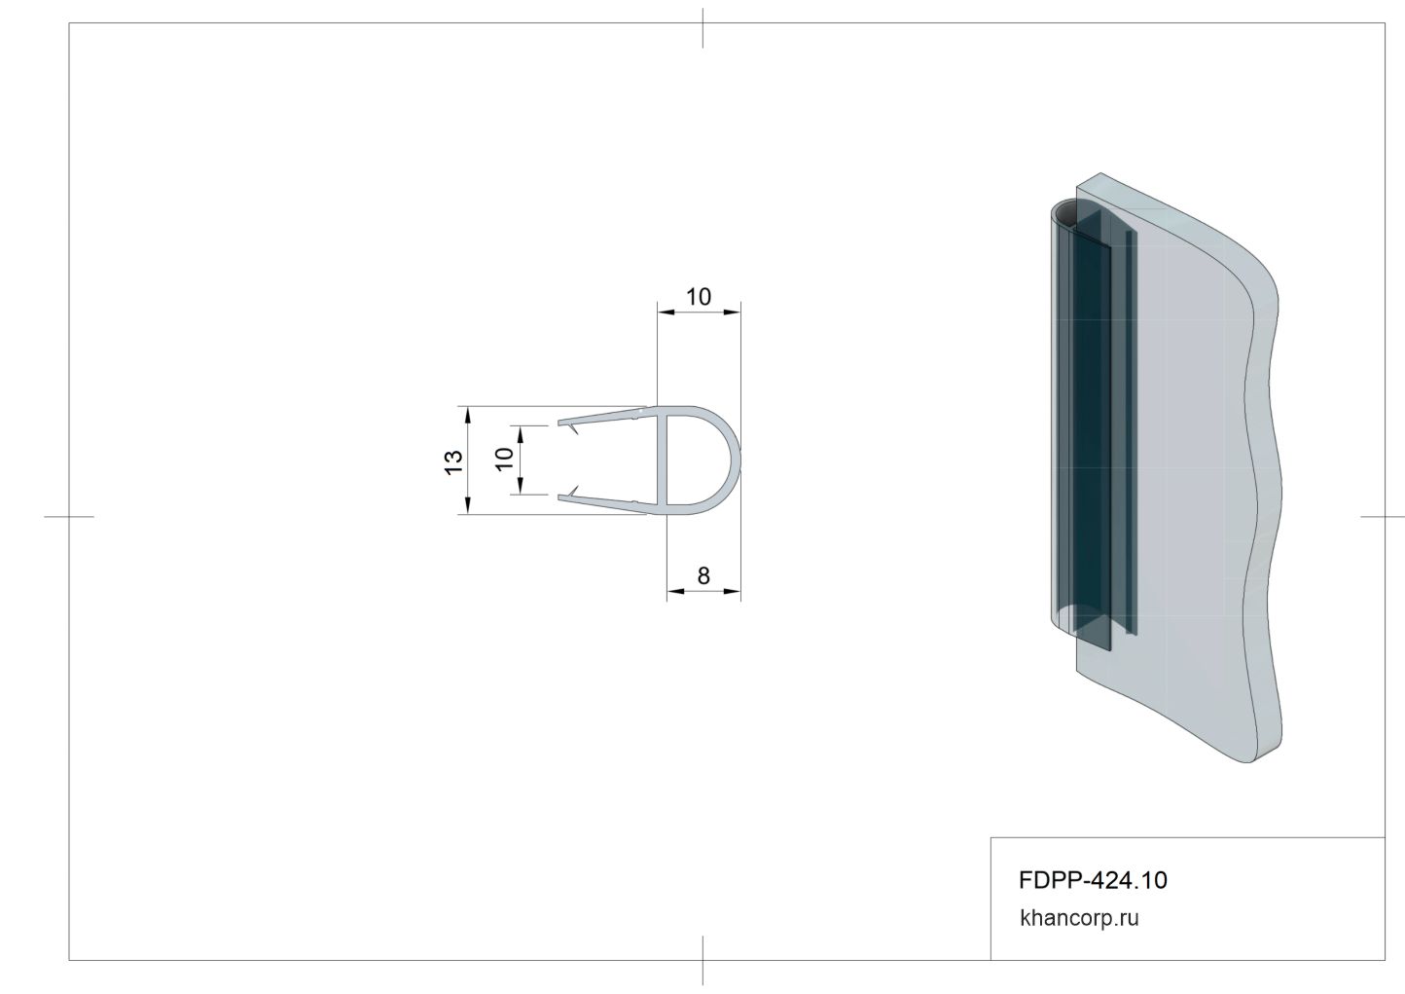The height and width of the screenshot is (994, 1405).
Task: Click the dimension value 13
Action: (453, 462)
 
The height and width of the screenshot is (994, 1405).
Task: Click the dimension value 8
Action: (703, 575)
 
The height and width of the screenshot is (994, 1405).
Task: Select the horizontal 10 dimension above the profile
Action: (698, 297)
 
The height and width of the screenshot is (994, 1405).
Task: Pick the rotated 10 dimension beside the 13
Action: (504, 459)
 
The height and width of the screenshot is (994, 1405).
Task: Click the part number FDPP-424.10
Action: (1094, 880)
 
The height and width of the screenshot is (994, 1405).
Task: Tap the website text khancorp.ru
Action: (1079, 918)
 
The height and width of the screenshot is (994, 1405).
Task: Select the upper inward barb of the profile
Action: (572, 429)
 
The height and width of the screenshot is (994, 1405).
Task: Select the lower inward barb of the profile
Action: (572, 491)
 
